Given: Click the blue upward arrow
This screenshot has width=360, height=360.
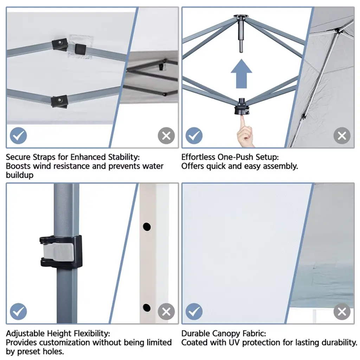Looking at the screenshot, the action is point(241,74).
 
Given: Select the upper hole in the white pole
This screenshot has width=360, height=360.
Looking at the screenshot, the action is point(147,227).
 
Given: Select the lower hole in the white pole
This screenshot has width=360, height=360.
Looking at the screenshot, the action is point(147,308).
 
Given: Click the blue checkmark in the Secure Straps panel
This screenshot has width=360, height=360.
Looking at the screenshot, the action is point(18,136).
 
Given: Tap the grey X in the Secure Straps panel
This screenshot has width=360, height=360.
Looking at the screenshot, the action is point(166,136).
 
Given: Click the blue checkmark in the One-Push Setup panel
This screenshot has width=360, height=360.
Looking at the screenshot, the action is point(194,136).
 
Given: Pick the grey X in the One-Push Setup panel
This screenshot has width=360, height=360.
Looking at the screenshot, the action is point(342,136).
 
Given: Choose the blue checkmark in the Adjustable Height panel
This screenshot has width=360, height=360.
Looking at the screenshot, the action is point(18,311).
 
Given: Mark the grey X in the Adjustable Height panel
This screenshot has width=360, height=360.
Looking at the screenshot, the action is point(166,311).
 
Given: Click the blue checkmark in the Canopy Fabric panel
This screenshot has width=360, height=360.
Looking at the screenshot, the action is point(194,311).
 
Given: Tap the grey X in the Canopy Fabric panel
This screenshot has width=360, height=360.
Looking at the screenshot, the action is point(342,311).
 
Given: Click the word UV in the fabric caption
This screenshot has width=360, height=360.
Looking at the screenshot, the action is point(234,342).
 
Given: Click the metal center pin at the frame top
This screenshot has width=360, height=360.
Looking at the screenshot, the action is point(241,34).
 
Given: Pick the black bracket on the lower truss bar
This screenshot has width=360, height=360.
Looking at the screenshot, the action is point(59,101).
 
